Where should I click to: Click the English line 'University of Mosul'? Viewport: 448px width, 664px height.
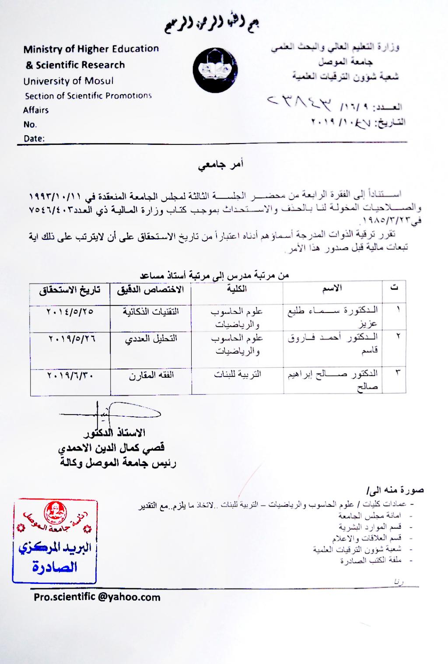[68, 81]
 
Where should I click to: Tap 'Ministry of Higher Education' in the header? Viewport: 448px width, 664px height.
[91, 49]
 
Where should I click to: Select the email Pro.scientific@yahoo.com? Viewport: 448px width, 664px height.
[97, 597]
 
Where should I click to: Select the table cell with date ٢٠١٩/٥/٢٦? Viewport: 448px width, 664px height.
[70, 338]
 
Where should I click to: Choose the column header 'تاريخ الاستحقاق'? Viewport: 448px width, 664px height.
[70, 290]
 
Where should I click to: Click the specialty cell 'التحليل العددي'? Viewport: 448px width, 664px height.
[151, 339]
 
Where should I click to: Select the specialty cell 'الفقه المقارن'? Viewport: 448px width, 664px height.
[151, 376]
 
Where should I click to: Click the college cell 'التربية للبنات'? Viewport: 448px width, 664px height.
[238, 374]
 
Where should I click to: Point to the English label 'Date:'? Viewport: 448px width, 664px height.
[34, 139]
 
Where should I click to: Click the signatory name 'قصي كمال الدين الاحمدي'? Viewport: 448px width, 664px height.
[112, 448]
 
